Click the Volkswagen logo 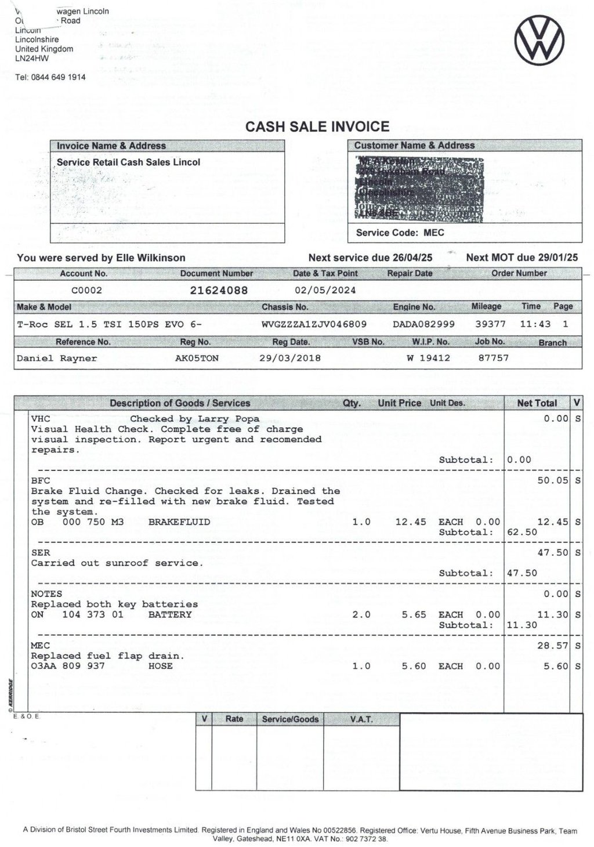[x=539, y=40]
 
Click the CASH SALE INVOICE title [x=317, y=126]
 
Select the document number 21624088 [x=219, y=290]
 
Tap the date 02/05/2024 [x=325, y=290]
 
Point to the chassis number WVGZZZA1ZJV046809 [x=314, y=324]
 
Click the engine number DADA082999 [x=423, y=324]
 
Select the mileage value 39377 [x=490, y=324]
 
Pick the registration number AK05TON [x=197, y=358]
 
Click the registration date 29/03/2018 [x=289, y=358]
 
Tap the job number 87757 [x=493, y=358]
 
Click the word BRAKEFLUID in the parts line [x=179, y=522]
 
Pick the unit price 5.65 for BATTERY [x=414, y=614]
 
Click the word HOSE [x=160, y=666]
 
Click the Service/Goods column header [x=290, y=719]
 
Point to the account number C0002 [x=86, y=290]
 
